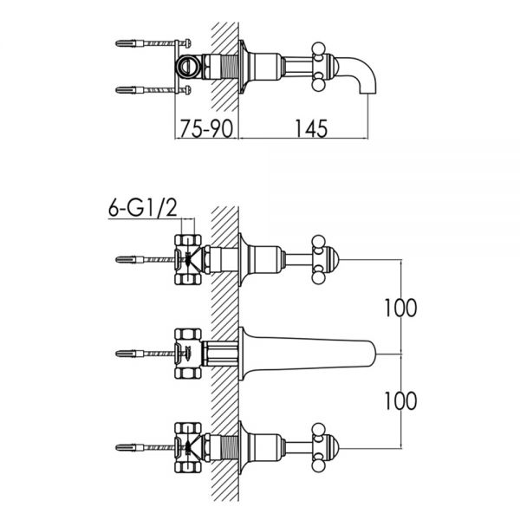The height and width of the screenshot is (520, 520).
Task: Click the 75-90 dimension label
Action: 206,128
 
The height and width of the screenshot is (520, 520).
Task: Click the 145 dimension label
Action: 311,128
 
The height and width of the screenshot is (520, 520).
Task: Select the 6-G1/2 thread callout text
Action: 143,208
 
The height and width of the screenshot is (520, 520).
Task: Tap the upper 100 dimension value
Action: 400,308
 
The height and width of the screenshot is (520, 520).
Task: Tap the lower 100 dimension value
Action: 400,400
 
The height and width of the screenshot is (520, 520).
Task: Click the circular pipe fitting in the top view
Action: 188,67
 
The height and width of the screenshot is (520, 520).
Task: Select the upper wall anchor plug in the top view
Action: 126,43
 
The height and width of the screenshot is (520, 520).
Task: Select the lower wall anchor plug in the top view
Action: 126,90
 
